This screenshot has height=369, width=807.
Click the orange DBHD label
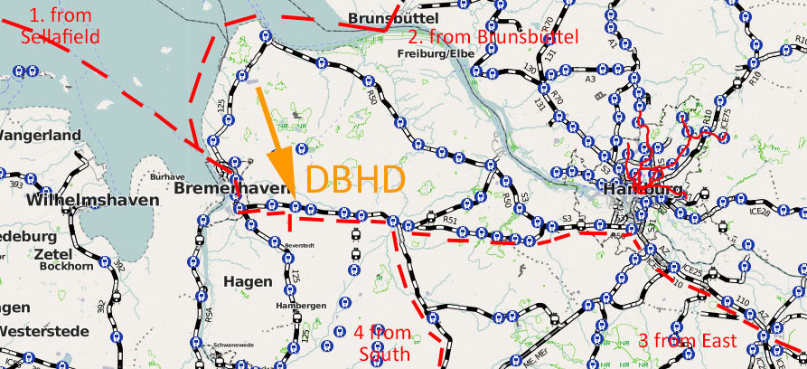tap(354, 180)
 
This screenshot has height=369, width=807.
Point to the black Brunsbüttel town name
tap(393, 19)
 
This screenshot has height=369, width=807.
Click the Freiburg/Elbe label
tap(434, 53)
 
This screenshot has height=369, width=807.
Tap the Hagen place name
tap(247, 281)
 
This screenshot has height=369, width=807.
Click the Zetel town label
tap(52, 255)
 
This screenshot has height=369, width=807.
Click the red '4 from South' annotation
tap(382, 342)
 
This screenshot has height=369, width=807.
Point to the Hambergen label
tap(300, 306)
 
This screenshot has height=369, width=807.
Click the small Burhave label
tap(161, 176)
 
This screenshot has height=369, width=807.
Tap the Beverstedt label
tap(297, 246)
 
